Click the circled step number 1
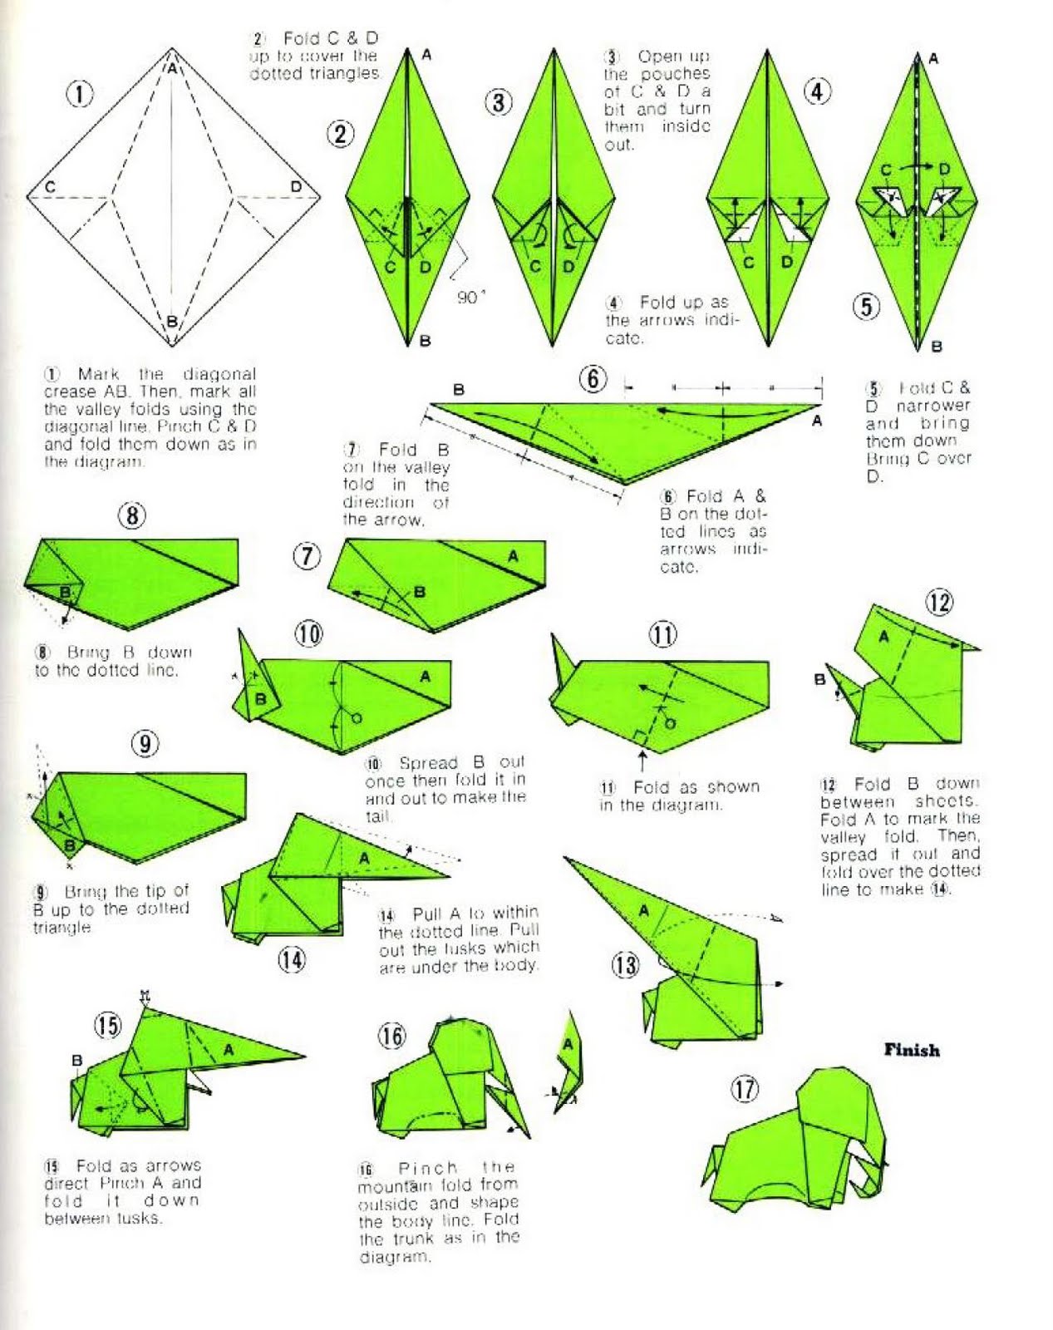point(80,94)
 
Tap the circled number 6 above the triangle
point(593,380)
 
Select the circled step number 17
point(745,1088)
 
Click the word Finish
point(912,1050)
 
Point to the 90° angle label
point(471,298)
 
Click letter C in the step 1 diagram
point(51,187)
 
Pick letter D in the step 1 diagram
point(296,187)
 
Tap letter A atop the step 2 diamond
point(426,55)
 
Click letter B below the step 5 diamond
point(937,347)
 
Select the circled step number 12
point(939,602)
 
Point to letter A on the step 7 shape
point(513,556)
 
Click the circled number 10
point(308,634)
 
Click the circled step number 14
point(291,960)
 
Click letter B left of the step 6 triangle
point(459,389)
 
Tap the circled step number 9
point(145,742)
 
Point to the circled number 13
point(625,965)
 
